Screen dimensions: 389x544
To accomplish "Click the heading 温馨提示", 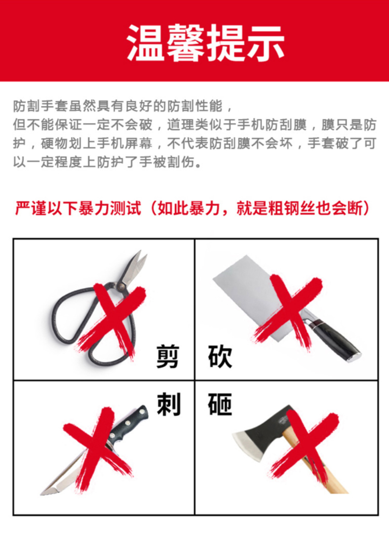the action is [205, 43].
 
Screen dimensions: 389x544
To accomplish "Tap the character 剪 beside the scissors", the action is [168, 356].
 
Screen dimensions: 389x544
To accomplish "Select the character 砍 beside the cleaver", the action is [220, 356].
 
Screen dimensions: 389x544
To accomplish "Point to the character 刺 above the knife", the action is [169, 404].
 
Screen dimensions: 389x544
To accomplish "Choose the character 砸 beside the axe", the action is [220, 404].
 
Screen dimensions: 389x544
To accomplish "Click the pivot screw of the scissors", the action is [121, 287].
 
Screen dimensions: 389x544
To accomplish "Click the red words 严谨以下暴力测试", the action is [78, 208].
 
